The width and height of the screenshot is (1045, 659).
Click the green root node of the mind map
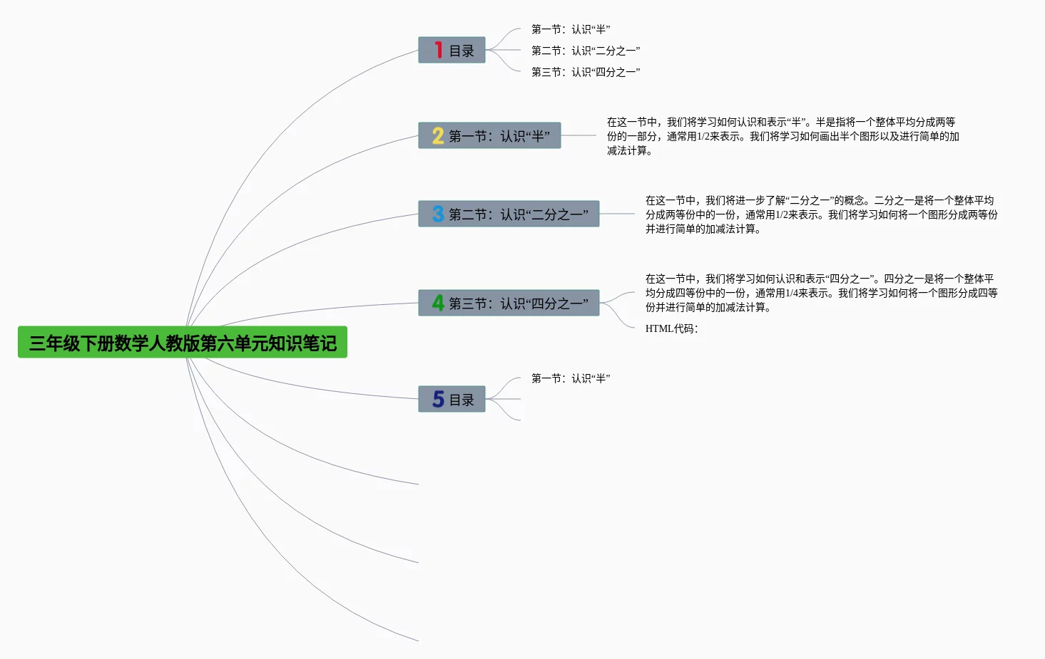click(x=183, y=342)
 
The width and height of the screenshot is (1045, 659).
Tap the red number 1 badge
click(x=439, y=50)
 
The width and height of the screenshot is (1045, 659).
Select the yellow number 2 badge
click(x=437, y=135)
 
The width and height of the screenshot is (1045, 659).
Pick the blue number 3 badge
click(x=437, y=214)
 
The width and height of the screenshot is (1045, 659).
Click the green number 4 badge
click(x=437, y=303)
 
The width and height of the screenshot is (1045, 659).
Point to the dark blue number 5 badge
click(x=437, y=399)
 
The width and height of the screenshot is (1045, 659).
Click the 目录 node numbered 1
click(x=452, y=50)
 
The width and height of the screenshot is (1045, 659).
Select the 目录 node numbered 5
click(x=452, y=399)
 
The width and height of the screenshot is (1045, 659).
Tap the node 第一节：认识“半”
click(x=489, y=135)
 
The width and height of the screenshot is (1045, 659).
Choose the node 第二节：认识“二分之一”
click(x=509, y=214)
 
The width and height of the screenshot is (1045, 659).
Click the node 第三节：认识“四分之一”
click(x=509, y=303)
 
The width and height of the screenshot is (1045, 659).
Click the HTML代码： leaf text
click(x=671, y=328)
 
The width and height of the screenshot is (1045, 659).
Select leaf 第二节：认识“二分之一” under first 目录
click(x=586, y=51)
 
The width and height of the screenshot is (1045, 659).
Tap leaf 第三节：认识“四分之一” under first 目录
click(x=586, y=72)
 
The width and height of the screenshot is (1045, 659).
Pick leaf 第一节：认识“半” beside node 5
click(x=571, y=378)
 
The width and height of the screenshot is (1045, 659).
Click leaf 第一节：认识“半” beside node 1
click(x=571, y=29)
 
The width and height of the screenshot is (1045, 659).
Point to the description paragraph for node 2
click(x=783, y=136)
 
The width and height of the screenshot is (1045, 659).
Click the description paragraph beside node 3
click(x=821, y=214)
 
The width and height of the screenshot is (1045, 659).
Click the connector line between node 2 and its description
click(x=578, y=135)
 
